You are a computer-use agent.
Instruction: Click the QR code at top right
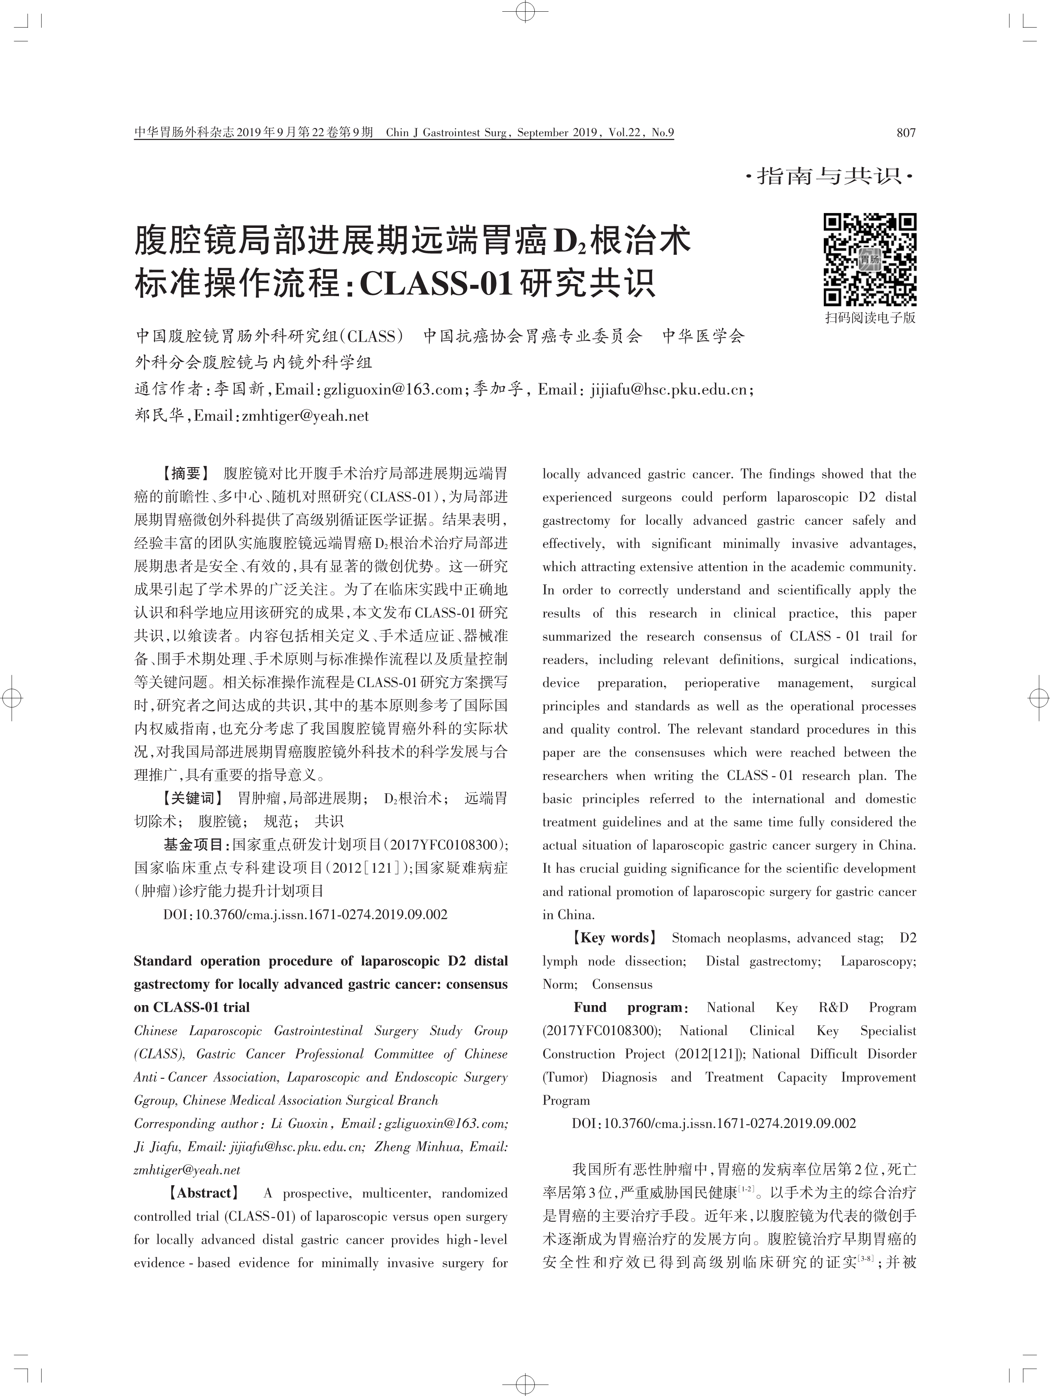click(869, 260)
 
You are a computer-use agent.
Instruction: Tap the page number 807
click(906, 133)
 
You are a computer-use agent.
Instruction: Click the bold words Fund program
click(628, 1007)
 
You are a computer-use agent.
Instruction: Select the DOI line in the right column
click(714, 1123)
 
